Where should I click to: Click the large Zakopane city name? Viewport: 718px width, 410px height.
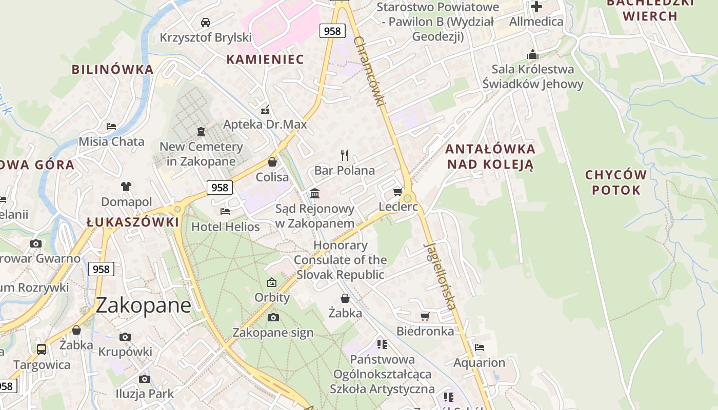tap(143, 305)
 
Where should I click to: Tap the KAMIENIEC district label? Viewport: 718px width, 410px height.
tap(265, 59)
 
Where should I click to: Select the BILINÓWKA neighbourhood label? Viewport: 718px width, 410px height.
tap(112, 69)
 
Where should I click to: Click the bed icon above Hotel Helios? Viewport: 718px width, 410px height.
tap(225, 211)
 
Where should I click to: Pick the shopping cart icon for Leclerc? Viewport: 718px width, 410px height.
tap(397, 192)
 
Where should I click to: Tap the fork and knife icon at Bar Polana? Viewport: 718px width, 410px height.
tap(345, 155)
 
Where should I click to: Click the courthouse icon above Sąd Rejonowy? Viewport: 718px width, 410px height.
tap(315, 193)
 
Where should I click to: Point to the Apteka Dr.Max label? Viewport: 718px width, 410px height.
tap(265, 125)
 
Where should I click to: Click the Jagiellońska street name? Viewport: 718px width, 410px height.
tap(440, 275)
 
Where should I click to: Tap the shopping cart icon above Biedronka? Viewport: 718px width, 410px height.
tap(425, 316)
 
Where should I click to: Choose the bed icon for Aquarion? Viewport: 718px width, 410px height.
tap(479, 347)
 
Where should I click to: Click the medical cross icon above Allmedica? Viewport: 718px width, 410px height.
tap(536, 7)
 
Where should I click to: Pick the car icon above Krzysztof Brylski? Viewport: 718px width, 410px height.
tap(206, 22)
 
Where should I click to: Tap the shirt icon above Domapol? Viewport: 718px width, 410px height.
tap(126, 187)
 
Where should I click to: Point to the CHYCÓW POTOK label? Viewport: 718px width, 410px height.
tap(615, 182)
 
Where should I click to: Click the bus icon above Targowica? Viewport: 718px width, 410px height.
tap(42, 350)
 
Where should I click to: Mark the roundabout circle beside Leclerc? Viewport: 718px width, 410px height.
tap(408, 198)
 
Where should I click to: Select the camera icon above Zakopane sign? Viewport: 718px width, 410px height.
tap(273, 317)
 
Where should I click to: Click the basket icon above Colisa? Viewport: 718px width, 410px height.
tap(272, 162)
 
